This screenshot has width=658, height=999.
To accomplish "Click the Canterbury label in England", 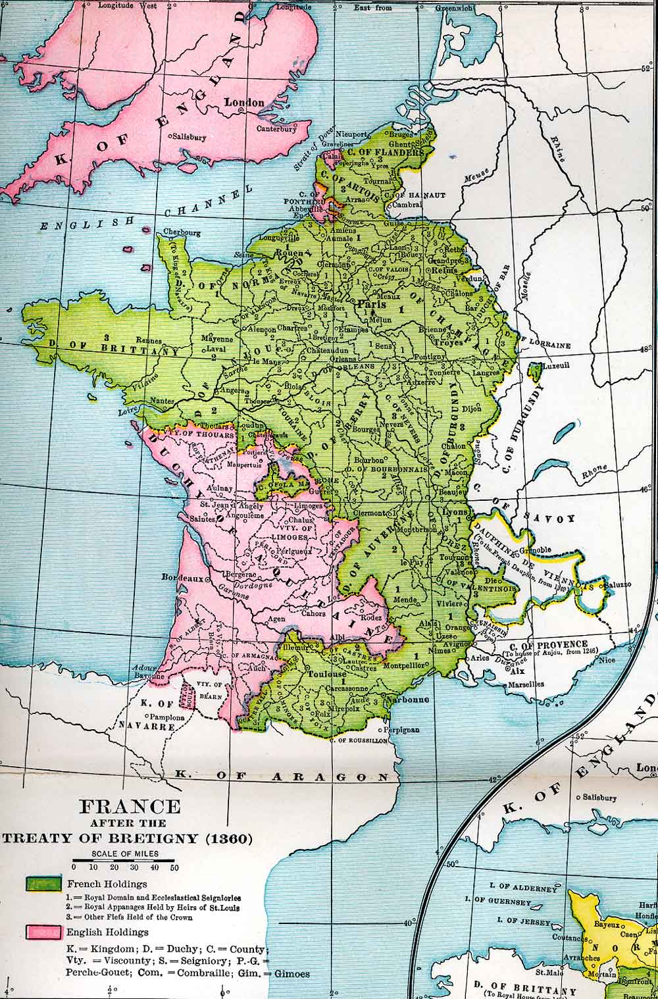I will coord(276,128).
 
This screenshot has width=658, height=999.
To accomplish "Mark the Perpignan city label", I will coord(401,730).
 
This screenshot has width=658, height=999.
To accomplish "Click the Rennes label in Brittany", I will coord(149,340).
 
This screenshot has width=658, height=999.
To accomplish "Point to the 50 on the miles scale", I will coord(174,867).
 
